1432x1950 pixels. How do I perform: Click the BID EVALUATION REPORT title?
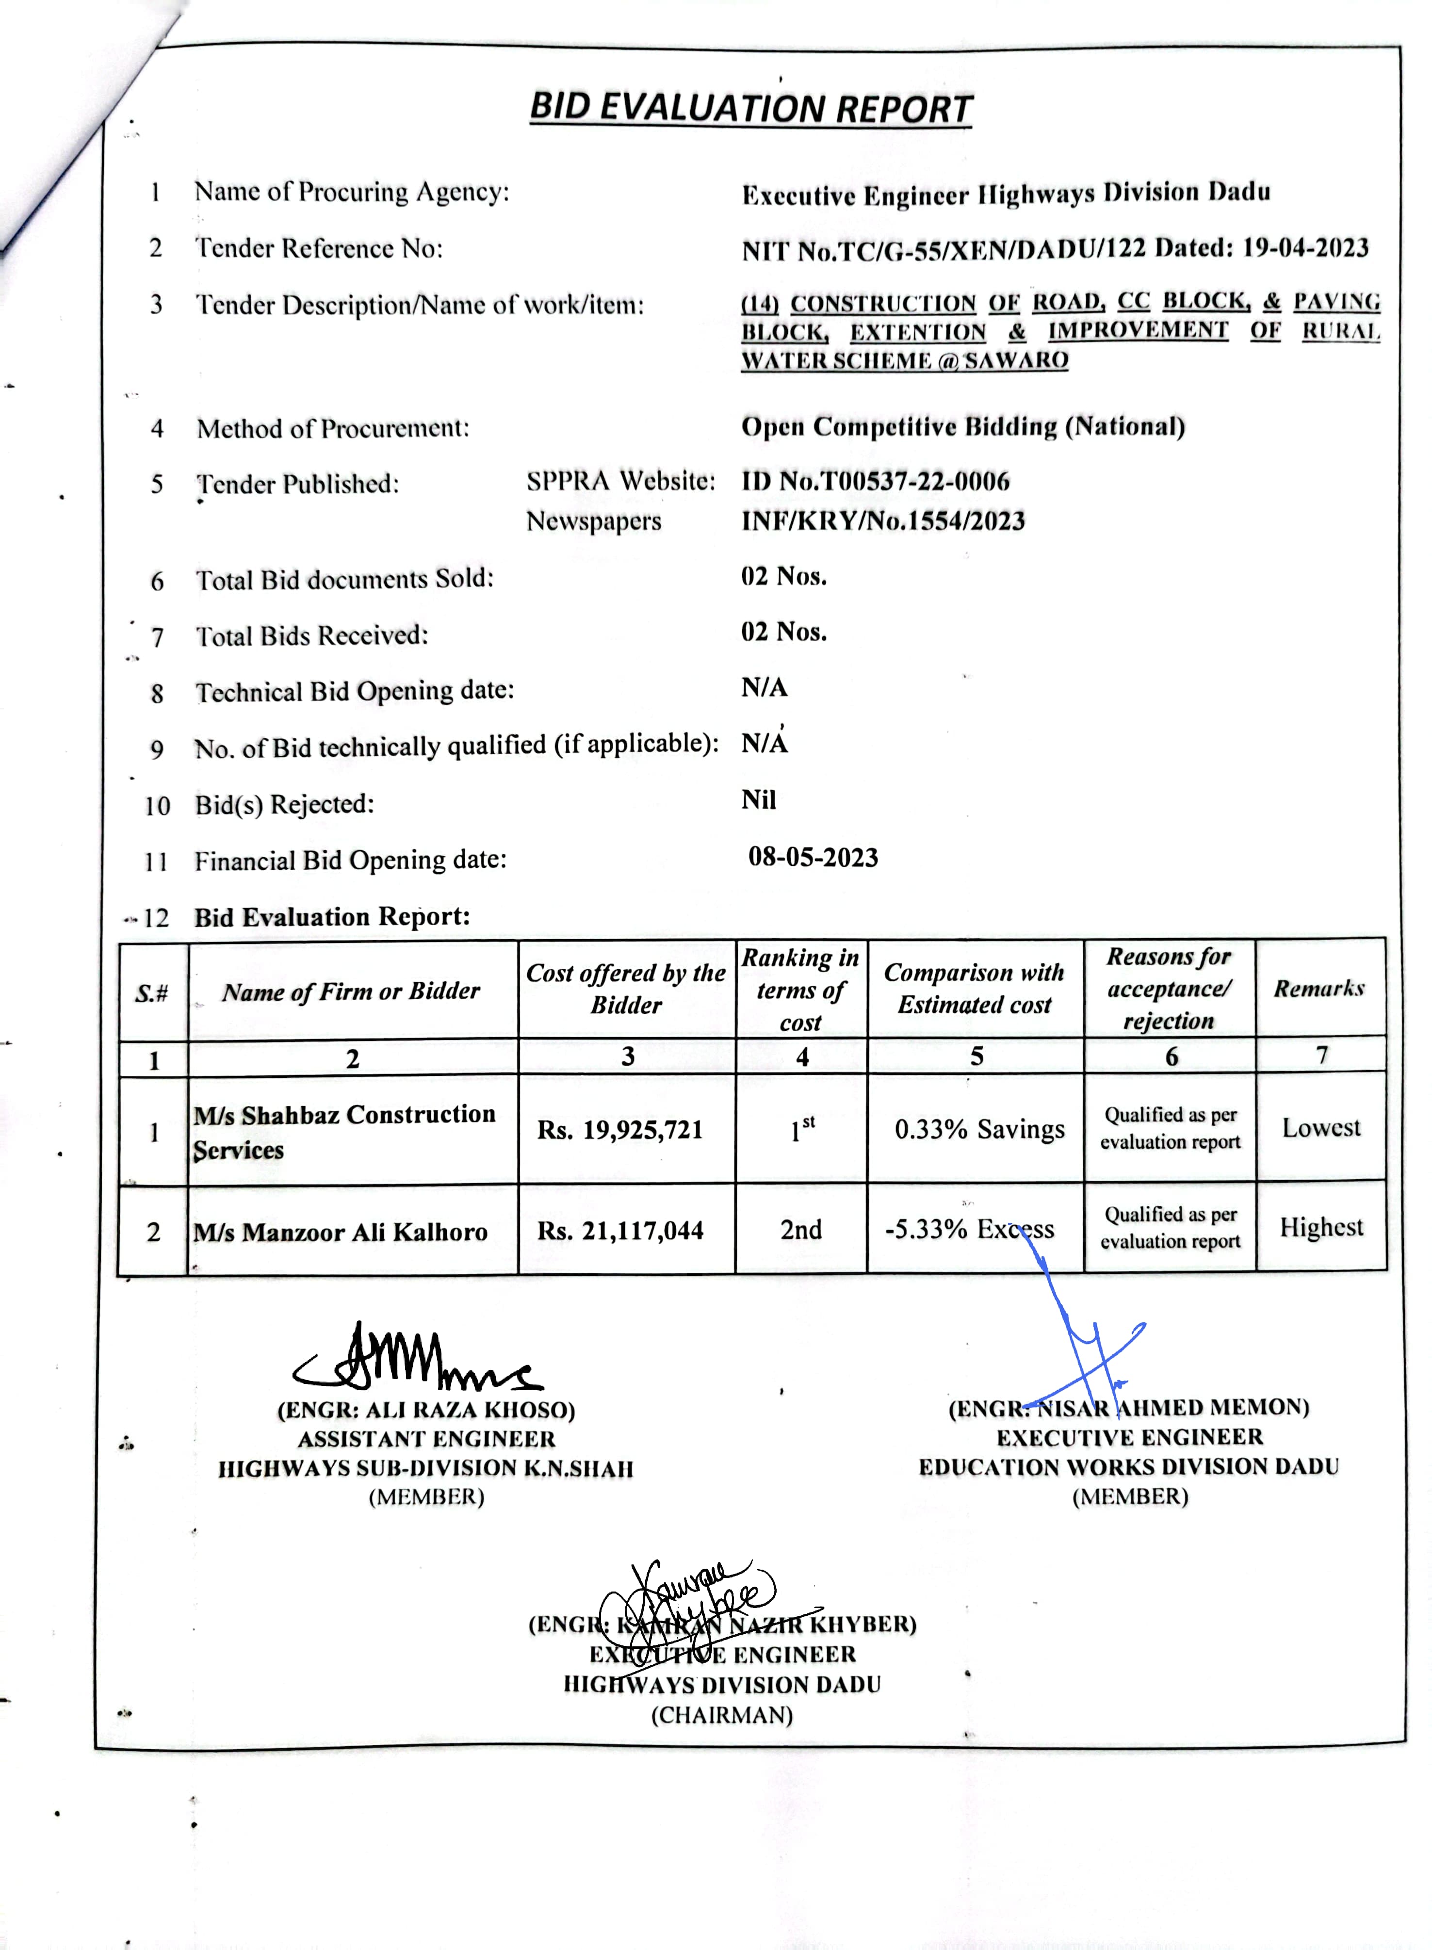coord(750,108)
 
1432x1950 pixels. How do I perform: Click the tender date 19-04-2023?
coord(1305,248)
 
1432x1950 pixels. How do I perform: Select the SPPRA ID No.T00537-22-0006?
coord(876,481)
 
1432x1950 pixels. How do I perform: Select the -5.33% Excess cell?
coord(969,1229)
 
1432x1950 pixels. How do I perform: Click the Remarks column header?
coord(1318,988)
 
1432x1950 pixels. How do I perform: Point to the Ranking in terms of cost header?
coord(800,990)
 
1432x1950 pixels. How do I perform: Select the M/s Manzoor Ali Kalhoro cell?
coord(341,1232)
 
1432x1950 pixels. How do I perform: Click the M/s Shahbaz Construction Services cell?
coord(344,1131)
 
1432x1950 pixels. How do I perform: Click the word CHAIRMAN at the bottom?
coord(722,1715)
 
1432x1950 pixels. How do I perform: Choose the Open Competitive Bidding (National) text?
coord(962,426)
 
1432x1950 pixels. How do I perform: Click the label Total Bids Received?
coord(312,635)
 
